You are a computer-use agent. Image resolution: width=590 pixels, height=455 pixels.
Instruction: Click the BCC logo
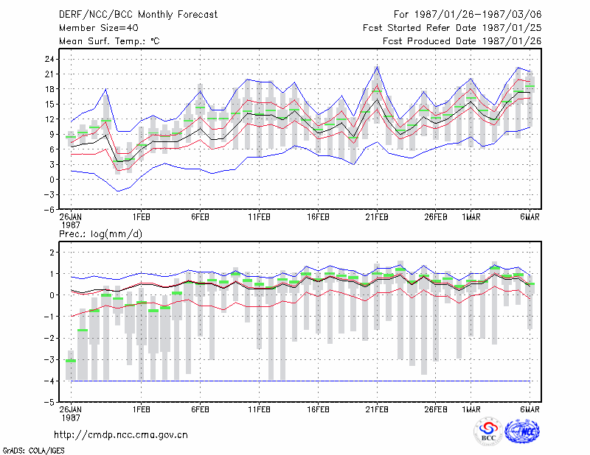(488, 433)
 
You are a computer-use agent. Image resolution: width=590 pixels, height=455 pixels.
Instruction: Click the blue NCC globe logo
(522, 431)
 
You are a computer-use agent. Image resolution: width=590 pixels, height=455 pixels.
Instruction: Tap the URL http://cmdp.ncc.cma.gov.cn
(121, 435)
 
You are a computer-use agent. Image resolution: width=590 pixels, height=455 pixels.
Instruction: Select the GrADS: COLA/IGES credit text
(33, 451)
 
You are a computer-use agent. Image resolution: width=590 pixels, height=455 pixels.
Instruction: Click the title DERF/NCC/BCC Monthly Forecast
(138, 15)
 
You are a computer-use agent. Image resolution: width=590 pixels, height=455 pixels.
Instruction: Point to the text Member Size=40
(99, 28)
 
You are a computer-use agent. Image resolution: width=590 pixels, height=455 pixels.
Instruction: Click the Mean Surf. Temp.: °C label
(109, 41)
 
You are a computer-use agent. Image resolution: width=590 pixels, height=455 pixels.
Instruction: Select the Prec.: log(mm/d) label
(100, 234)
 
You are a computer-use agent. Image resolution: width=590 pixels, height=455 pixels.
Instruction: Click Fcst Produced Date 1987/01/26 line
(462, 41)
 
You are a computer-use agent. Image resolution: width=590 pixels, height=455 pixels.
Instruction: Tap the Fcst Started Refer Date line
(452, 28)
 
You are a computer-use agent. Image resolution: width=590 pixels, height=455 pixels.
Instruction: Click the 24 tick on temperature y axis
(49, 59)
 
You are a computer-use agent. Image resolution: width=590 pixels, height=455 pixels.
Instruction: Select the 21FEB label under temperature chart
(377, 217)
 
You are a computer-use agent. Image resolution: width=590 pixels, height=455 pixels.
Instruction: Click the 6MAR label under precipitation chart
(530, 409)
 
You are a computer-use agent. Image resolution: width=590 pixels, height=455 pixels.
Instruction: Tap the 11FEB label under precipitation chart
(259, 409)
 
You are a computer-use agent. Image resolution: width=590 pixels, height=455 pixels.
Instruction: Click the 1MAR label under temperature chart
(471, 217)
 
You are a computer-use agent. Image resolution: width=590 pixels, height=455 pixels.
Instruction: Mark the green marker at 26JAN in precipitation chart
(71, 361)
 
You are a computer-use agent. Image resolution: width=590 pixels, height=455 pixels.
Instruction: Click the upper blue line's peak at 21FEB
(377, 66)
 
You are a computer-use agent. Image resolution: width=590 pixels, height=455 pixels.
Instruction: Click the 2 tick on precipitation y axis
(52, 252)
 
